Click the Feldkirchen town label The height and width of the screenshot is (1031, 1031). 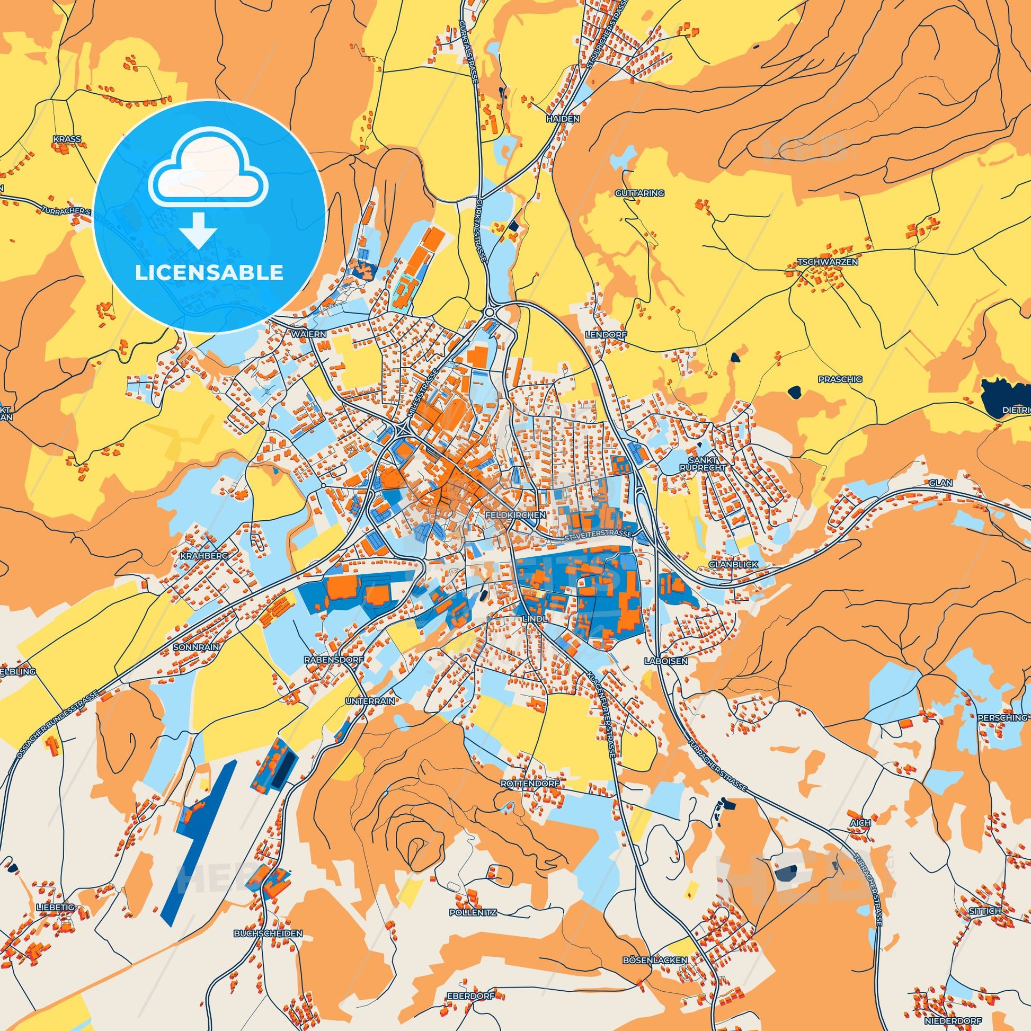tap(515, 515)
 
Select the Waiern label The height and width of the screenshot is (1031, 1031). tap(308, 333)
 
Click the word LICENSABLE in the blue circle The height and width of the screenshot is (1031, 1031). tap(209, 273)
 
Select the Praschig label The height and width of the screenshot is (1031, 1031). tap(832, 379)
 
